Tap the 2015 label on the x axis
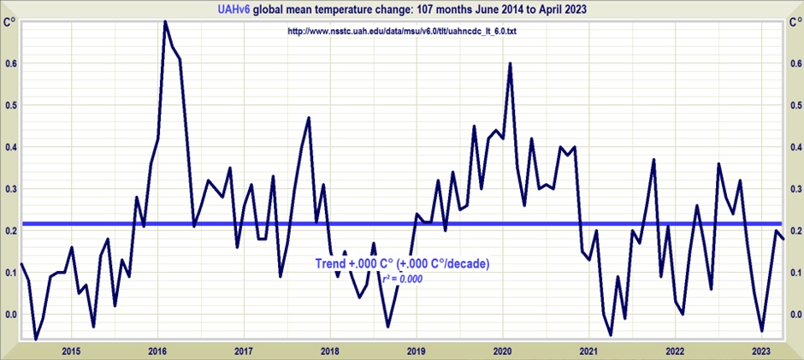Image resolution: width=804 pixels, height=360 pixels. pyautogui.click(x=71, y=351)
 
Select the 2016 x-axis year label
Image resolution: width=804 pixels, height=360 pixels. pyautogui.click(x=157, y=351)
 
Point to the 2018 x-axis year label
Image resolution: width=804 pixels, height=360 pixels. pyautogui.click(x=330, y=351)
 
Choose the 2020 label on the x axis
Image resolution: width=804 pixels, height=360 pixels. pyautogui.click(x=503, y=351)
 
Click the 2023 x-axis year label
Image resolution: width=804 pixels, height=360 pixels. pyautogui.click(x=761, y=351)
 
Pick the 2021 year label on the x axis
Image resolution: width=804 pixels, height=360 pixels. pyautogui.click(x=588, y=351)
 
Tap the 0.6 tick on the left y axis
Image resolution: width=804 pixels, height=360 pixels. pyautogui.click(x=10, y=63)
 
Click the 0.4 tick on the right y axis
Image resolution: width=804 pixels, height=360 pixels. pyautogui.click(x=795, y=147)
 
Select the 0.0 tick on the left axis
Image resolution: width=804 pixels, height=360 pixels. pyautogui.click(x=10, y=315)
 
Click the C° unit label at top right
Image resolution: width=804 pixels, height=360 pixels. pyautogui.click(x=795, y=22)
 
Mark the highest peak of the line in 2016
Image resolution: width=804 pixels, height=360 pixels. pyautogui.click(x=165, y=21)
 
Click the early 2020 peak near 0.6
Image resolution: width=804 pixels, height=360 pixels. pyautogui.click(x=510, y=63)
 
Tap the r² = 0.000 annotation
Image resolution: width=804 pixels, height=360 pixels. pyautogui.click(x=402, y=278)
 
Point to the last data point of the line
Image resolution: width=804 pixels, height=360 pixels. pyautogui.click(x=783, y=239)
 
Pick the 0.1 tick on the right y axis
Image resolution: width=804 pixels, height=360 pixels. pyautogui.click(x=795, y=273)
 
